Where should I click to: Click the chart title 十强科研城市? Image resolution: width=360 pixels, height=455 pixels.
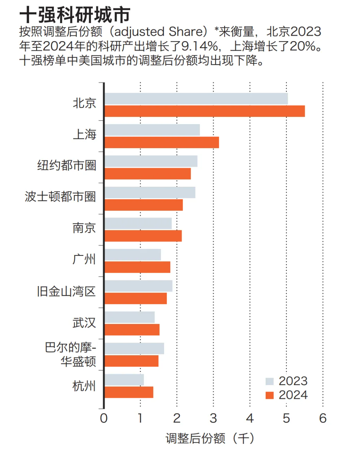tap(75, 15)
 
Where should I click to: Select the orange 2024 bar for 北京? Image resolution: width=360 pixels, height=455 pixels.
tap(205, 111)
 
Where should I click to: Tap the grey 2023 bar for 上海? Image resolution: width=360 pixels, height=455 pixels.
tap(152, 130)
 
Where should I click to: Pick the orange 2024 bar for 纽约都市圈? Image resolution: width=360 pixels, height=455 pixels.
tap(148, 174)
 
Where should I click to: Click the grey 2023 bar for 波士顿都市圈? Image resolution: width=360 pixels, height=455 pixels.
tap(150, 193)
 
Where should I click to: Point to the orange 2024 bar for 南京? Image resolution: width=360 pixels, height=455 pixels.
tap(143, 236)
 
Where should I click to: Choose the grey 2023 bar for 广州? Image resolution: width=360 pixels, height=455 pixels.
tap(133, 255)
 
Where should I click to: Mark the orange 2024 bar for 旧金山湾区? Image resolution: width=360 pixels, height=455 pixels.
tap(136, 298)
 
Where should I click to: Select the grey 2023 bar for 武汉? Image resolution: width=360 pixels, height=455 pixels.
tap(130, 317)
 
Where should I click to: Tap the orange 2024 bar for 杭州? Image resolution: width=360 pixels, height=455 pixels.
tap(129, 392)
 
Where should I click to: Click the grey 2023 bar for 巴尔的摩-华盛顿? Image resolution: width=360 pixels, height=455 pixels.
tap(134, 348)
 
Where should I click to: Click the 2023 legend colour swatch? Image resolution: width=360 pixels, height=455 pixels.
tap(269, 381)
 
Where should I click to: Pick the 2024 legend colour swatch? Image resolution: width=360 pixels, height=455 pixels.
tap(269, 395)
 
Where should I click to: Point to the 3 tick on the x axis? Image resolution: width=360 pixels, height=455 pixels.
tap(213, 418)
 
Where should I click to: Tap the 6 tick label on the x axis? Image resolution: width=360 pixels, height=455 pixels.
tap(323, 418)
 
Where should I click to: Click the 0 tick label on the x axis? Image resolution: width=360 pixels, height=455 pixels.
tap(104, 418)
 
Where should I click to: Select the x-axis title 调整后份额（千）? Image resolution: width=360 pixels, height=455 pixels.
tap(210, 438)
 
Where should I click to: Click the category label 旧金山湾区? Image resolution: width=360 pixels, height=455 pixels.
tap(66, 291)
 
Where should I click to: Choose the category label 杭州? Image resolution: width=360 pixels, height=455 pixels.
tap(84, 386)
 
